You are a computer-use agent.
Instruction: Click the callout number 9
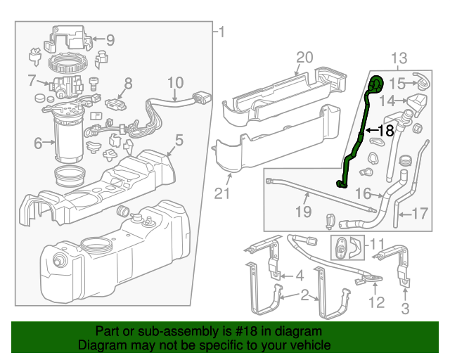point(110,40)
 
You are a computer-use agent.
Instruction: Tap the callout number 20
point(303,57)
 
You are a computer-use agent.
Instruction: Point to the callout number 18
point(387,130)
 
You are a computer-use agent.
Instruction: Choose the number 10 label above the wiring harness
point(174,83)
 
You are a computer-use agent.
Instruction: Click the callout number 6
point(37,143)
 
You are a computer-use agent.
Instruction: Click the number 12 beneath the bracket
point(377,303)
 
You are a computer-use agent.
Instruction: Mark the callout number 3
point(405,309)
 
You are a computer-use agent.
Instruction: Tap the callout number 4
point(298,275)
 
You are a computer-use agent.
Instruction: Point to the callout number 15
point(397,84)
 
